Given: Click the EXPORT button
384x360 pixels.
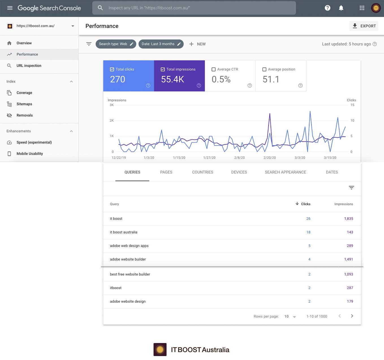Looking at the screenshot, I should pyautogui.click(x=364, y=26).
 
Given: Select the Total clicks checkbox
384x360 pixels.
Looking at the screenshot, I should pyautogui.click(x=112, y=69).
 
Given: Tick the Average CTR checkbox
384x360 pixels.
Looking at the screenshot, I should pyautogui.click(x=213, y=69).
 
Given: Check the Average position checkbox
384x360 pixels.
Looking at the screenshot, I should pyautogui.click(x=264, y=69).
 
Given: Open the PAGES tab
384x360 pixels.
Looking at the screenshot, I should pyautogui.click(x=166, y=172).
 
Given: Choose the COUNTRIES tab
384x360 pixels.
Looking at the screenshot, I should pyautogui.click(x=202, y=172).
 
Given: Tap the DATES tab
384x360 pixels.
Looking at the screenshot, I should pyautogui.click(x=332, y=172).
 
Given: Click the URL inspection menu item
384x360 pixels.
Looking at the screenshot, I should pyautogui.click(x=29, y=66).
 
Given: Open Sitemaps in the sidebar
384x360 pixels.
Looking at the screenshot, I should pyautogui.click(x=24, y=104).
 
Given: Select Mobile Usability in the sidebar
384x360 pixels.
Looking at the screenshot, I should pyautogui.click(x=30, y=154).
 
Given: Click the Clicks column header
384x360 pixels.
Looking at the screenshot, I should pyautogui.click(x=305, y=204).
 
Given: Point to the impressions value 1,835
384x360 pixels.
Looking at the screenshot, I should pyautogui.click(x=348, y=219).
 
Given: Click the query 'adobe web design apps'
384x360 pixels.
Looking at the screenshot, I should pyautogui.click(x=129, y=246).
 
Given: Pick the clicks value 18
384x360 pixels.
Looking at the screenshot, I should pyautogui.click(x=308, y=232).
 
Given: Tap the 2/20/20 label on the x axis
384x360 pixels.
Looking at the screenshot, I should pyautogui.click(x=269, y=158).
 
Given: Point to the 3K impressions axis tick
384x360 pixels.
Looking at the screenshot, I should pyautogui.click(x=112, y=105).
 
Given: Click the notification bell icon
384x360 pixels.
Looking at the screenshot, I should pyautogui.click(x=341, y=8).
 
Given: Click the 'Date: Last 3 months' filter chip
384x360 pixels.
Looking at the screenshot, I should pyautogui.click(x=161, y=44).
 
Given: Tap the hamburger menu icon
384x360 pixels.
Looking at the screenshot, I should pyautogui.click(x=10, y=8).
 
